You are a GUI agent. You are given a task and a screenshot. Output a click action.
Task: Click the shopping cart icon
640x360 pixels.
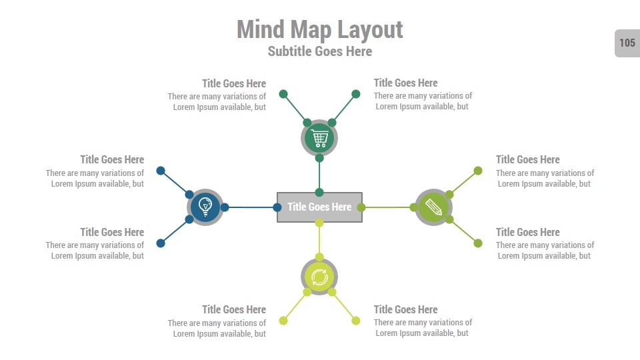319,139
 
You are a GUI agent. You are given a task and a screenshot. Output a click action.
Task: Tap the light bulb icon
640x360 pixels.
205,207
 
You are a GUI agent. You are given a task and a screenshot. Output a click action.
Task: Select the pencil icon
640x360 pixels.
433,207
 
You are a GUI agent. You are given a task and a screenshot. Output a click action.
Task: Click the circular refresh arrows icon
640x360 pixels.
319,277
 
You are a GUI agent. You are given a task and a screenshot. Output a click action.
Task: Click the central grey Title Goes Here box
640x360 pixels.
319,207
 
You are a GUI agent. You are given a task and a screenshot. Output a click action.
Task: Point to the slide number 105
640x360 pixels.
627,43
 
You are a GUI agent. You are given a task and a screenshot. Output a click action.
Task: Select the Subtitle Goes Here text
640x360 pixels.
319,51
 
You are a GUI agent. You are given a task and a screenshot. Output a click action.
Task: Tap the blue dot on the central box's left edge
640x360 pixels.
277,207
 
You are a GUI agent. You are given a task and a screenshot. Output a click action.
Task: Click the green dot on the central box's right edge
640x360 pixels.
361,207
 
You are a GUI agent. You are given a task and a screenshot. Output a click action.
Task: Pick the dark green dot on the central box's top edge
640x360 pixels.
319,192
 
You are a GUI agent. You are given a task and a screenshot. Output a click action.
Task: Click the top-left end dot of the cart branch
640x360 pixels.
283,94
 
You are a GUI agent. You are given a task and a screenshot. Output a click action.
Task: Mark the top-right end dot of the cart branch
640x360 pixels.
356,94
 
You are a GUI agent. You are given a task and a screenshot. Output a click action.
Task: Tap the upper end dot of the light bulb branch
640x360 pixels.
161,171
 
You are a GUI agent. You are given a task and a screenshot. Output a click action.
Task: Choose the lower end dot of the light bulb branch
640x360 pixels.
161,243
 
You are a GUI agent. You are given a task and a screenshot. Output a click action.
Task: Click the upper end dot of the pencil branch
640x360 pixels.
478,171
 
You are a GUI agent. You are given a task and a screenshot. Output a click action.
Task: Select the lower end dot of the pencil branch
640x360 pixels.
478,243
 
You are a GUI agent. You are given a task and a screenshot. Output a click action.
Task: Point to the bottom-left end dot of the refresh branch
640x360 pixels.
283,321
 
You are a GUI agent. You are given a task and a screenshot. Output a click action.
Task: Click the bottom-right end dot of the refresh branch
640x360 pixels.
356,321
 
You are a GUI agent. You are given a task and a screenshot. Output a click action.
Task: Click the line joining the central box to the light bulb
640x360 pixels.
251,207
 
